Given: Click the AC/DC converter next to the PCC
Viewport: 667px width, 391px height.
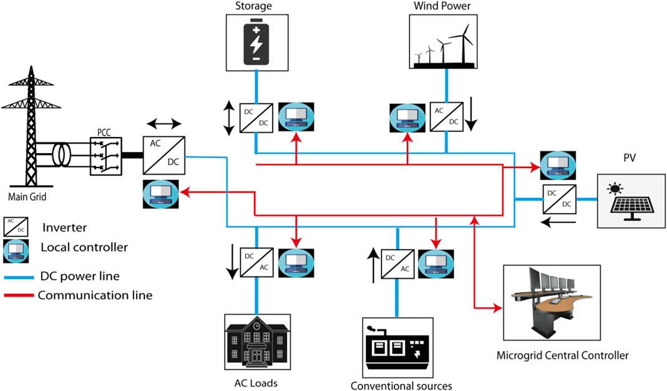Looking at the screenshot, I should coord(164,155).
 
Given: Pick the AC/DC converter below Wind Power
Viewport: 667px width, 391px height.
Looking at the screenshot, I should coord(447,118).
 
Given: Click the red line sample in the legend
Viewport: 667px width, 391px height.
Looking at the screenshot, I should coord(20,295).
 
